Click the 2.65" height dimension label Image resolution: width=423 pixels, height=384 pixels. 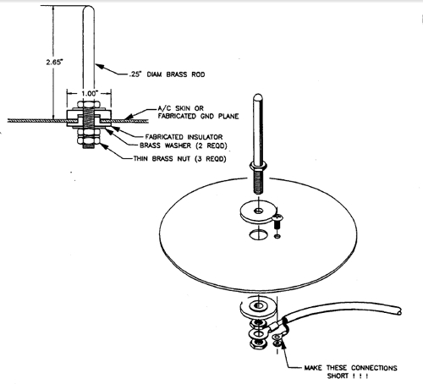point(54,62)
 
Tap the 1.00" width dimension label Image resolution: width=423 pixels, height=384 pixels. point(90,94)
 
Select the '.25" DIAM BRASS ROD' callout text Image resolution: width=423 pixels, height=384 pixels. point(167,74)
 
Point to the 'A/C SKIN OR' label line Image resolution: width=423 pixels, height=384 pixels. point(181,108)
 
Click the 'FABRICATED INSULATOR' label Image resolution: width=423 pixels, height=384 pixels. point(184,137)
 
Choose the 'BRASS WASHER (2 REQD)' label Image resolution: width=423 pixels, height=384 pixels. point(184,145)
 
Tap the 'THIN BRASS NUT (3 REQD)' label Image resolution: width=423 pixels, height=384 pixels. point(180,159)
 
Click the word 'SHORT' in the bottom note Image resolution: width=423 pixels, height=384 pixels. point(338,376)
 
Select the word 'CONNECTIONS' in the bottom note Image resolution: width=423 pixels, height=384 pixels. point(374,368)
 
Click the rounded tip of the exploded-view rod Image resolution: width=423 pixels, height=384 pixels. point(258,97)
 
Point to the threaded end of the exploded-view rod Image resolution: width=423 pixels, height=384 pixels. point(259,183)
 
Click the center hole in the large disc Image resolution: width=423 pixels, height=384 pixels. point(258,234)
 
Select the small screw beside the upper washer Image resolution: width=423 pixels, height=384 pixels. point(277,222)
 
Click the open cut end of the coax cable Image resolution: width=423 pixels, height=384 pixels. point(398,311)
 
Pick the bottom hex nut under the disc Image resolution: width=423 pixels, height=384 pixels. point(258,344)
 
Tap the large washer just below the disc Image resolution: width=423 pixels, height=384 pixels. point(257,308)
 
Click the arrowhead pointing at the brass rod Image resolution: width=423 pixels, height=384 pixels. point(100,67)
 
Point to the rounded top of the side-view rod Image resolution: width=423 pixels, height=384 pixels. point(88,9)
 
